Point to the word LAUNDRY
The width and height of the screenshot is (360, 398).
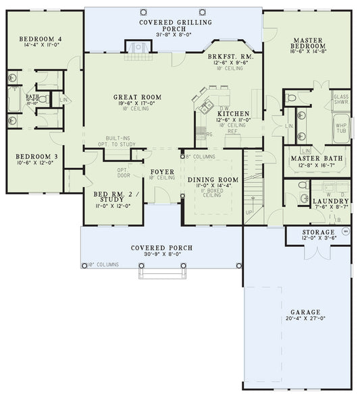[x=331, y=201]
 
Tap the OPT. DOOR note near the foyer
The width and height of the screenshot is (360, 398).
[x=122, y=173]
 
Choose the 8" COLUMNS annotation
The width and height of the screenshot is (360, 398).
[x=201, y=156]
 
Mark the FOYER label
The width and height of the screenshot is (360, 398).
[x=162, y=172]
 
